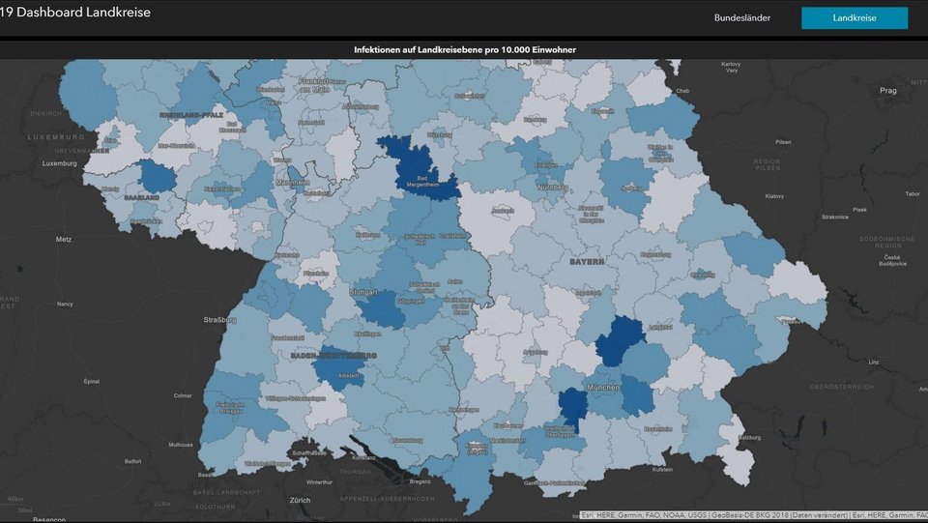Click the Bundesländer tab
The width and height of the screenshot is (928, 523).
tap(741, 18)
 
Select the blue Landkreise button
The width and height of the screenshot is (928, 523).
tap(854, 18)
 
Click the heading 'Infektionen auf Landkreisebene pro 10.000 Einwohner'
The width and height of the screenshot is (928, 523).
tap(472, 49)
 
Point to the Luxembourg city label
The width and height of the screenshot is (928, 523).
tap(59, 163)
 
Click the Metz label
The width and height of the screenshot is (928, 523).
tap(64, 238)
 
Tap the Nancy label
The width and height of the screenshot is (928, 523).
tap(65, 304)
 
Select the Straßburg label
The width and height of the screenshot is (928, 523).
tap(220, 319)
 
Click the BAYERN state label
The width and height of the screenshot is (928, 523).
tap(586, 262)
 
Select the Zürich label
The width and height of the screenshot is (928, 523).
tap(300, 500)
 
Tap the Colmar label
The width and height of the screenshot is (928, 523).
tap(182, 395)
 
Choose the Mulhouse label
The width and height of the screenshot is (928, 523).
tap(180, 445)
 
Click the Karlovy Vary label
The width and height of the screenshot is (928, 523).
tap(731, 68)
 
